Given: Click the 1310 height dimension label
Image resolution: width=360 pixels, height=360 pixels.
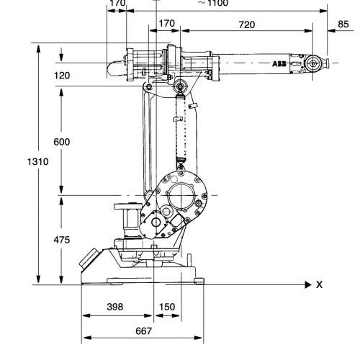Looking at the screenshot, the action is tap(37, 161).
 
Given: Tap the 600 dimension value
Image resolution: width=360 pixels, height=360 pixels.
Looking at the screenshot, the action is tap(62, 142).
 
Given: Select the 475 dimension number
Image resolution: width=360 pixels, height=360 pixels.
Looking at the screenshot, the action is tap(62, 240).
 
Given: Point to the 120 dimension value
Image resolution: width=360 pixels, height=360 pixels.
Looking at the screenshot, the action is tap(62, 76).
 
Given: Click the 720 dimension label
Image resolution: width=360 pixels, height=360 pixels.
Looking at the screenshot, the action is tap(247, 24).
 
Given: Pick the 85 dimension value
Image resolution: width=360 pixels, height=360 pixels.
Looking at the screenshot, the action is tap(343, 24).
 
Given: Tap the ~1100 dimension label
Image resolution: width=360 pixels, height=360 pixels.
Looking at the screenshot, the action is tap(213, 3).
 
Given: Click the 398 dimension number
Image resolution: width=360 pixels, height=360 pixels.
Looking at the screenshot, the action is tap(115, 307).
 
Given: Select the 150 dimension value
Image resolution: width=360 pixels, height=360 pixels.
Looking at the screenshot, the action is tap(167, 307).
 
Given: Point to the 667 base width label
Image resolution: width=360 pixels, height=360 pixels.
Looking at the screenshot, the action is tap(144, 331).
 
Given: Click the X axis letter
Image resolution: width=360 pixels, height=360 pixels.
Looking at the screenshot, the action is tap(319, 284).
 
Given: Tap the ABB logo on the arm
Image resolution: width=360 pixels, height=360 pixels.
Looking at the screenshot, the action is tap(279, 64).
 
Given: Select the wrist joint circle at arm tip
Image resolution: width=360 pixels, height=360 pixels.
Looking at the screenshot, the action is tap(312, 63).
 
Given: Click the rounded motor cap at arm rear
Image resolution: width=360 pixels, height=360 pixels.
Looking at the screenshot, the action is tap(116, 68).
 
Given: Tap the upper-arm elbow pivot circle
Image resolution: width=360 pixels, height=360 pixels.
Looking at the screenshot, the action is tap(179, 86).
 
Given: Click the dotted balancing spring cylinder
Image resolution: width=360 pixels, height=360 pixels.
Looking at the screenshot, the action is tap(181, 127).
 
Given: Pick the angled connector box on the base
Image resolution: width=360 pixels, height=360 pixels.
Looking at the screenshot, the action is tap(89, 258).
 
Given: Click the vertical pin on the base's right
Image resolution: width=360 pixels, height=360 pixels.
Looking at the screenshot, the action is tap(189, 260).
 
